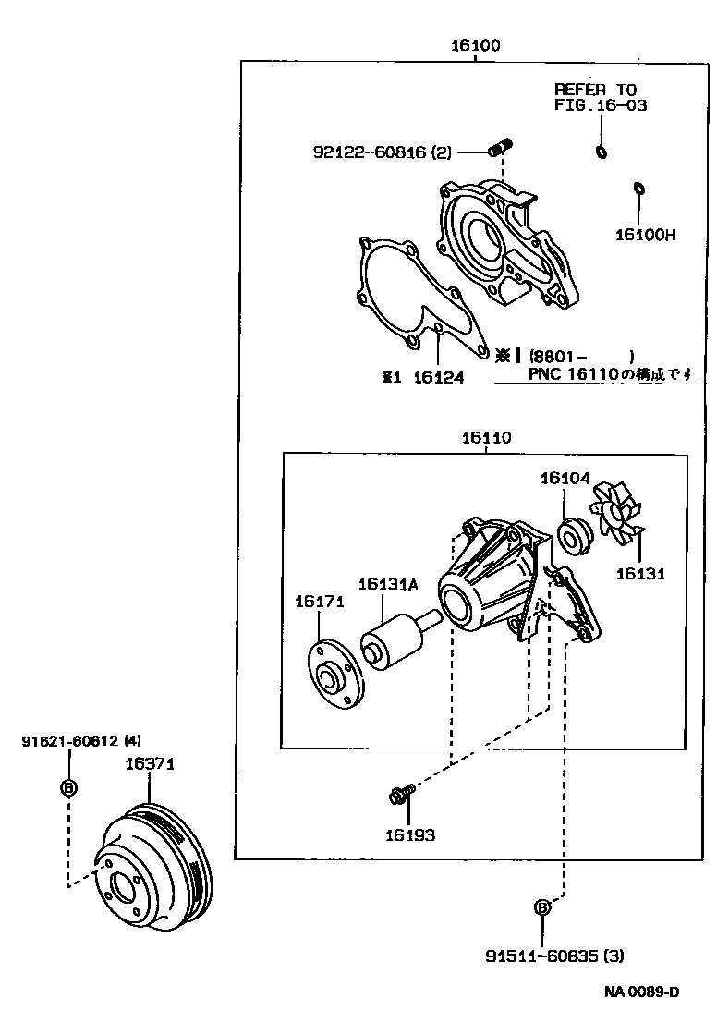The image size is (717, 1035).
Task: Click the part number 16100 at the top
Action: [x=475, y=45]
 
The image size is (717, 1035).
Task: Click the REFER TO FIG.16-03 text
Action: [x=600, y=97]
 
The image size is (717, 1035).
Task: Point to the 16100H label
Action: [x=645, y=235]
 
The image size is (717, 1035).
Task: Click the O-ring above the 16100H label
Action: [x=638, y=189]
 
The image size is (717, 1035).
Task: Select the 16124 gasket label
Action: [x=438, y=377]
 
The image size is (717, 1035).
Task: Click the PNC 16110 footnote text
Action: [x=610, y=373]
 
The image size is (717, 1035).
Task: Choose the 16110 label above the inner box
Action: [x=486, y=438]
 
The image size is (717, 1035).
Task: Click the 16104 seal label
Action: [x=565, y=478]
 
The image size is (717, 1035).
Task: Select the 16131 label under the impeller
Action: [x=641, y=573]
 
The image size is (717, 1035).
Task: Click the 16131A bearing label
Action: [x=388, y=584]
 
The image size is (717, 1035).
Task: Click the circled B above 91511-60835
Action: [x=543, y=907]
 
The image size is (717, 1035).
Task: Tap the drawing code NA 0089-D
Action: [x=642, y=992]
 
